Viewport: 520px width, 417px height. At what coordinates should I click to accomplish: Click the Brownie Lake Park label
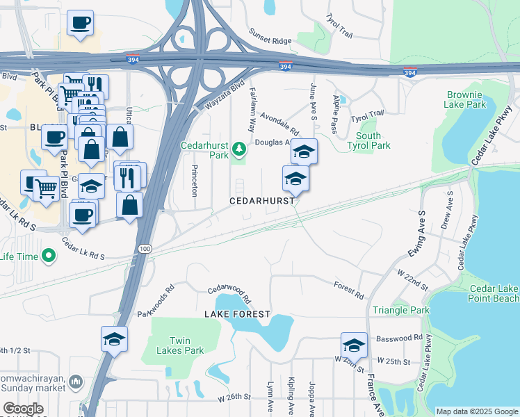[x=466, y=99]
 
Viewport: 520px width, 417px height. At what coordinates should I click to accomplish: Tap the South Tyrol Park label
[x=368, y=140]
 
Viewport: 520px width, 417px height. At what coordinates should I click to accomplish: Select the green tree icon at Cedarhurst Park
[x=239, y=149]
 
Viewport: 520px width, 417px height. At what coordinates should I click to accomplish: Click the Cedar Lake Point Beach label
[x=494, y=293]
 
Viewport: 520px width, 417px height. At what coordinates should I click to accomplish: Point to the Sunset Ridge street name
[x=270, y=40]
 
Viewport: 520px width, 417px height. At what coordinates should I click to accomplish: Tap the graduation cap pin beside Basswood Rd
[x=354, y=345]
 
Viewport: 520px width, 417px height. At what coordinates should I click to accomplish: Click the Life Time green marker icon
[x=48, y=256]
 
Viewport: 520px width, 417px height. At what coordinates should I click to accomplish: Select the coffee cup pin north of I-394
[x=80, y=22]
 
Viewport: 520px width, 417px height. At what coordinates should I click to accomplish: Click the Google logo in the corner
[x=23, y=409]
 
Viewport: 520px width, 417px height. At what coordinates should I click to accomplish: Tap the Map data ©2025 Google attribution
[x=476, y=411]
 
